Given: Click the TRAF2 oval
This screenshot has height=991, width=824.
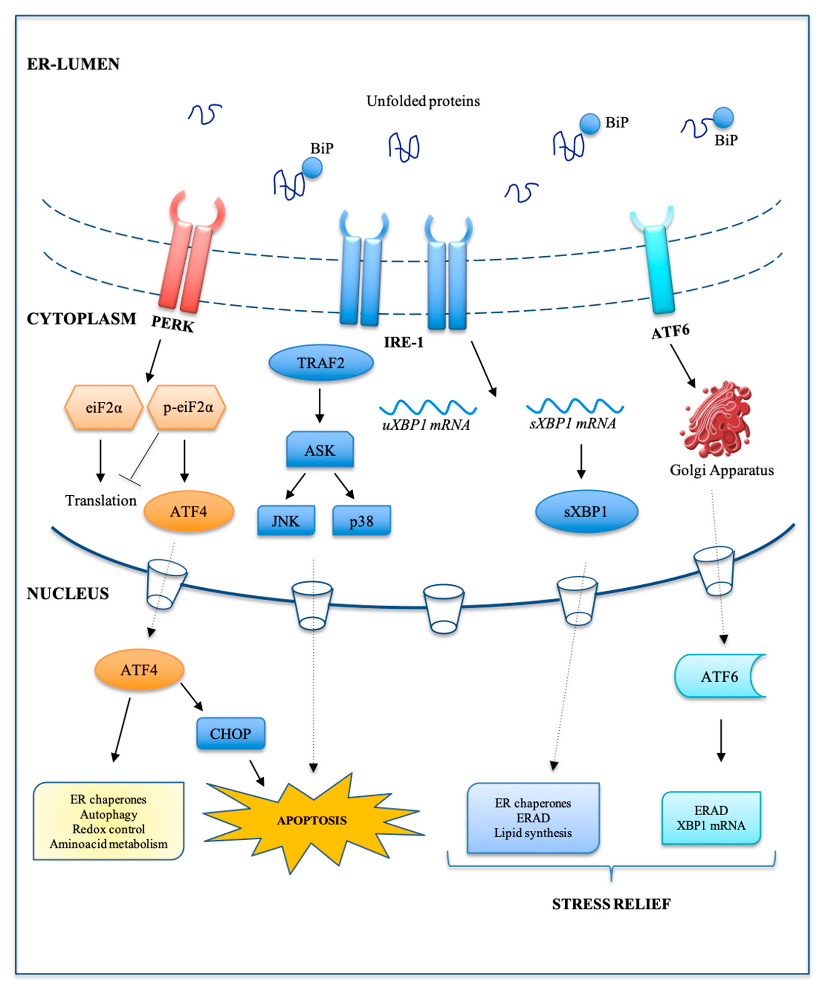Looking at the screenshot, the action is [x=321, y=363].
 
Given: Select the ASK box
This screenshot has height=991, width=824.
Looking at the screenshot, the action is [x=320, y=450].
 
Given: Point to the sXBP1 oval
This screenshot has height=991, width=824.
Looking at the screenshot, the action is [x=587, y=512].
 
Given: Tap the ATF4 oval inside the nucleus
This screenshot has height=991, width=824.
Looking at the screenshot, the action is [x=139, y=670].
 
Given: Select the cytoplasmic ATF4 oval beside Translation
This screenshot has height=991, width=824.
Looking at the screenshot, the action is [x=189, y=512].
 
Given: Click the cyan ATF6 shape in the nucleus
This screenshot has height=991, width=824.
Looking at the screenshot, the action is [x=720, y=676].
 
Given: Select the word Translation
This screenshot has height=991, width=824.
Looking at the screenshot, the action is [x=101, y=501].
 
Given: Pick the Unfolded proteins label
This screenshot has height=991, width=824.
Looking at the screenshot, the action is [x=423, y=101].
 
